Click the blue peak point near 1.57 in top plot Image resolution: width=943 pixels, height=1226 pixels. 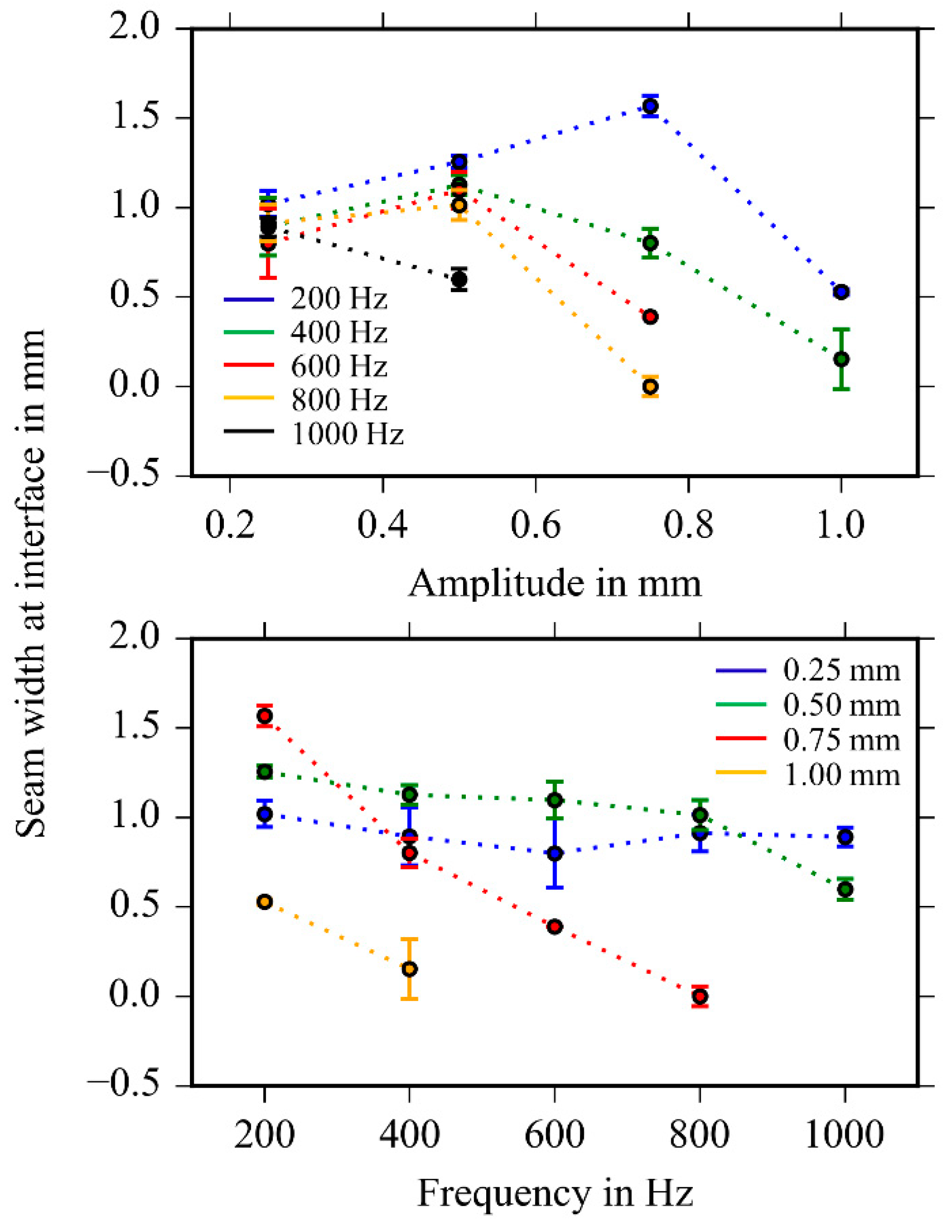tap(650, 106)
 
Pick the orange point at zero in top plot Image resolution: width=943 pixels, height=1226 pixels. tap(650, 387)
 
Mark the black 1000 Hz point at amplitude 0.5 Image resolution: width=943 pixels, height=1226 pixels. tap(459, 279)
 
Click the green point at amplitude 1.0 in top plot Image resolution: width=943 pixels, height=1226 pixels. tap(841, 359)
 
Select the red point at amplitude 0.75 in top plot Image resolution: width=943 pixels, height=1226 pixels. tap(650, 317)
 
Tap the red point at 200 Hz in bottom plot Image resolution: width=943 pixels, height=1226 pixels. tap(265, 716)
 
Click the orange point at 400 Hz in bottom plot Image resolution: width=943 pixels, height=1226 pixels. tap(410, 969)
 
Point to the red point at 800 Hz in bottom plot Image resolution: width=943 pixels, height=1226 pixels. tap(699, 996)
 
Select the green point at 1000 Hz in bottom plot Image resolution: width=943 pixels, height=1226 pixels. tap(845, 889)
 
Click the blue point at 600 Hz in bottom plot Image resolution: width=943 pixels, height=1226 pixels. tap(554, 854)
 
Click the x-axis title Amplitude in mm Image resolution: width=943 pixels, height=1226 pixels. tap(554, 584)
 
